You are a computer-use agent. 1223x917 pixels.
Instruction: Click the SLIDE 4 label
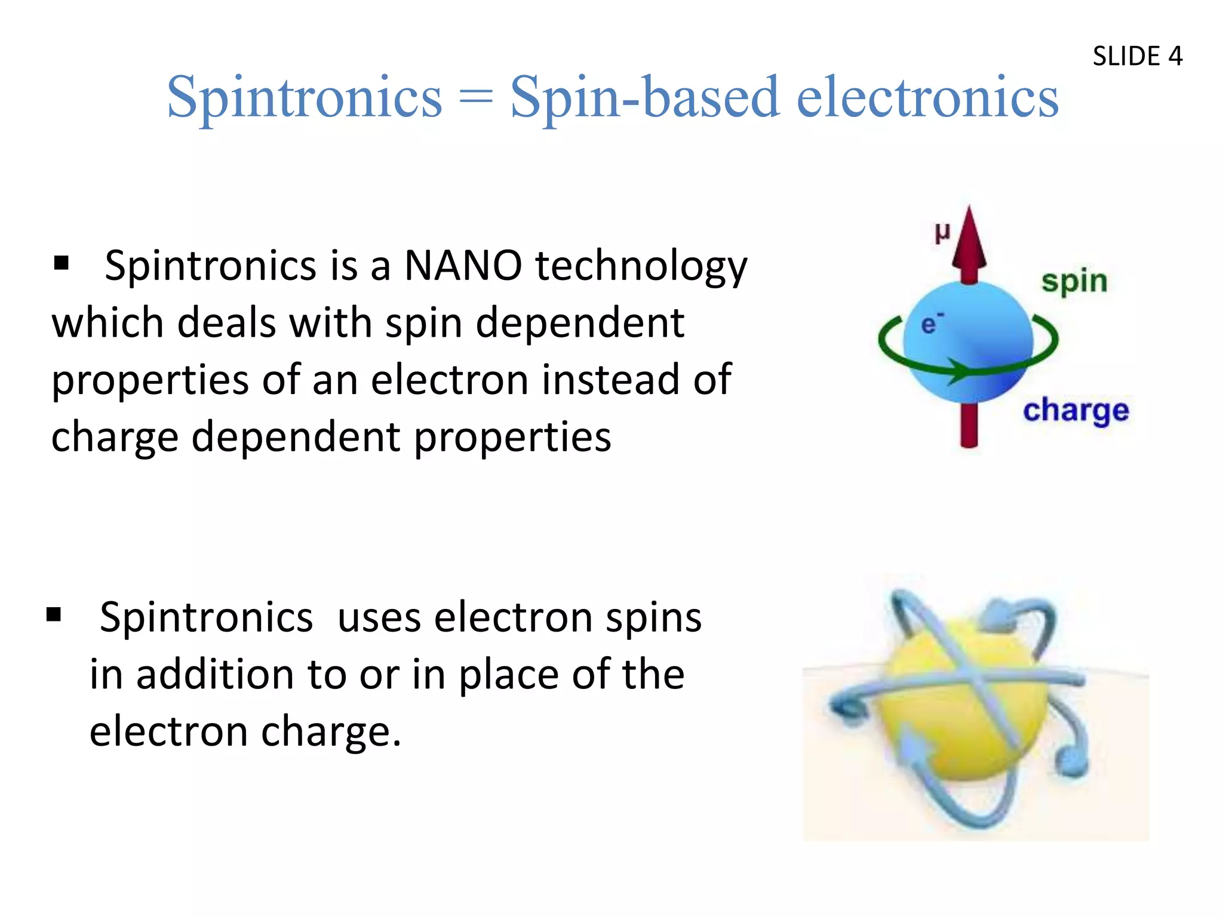(1137, 56)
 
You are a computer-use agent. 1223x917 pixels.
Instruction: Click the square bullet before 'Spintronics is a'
(61, 263)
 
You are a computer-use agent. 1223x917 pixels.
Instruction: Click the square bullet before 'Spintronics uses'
(54, 614)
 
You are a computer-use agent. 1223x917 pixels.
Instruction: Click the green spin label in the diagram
(1074, 282)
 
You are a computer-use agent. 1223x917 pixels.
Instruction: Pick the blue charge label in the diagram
(1075, 411)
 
